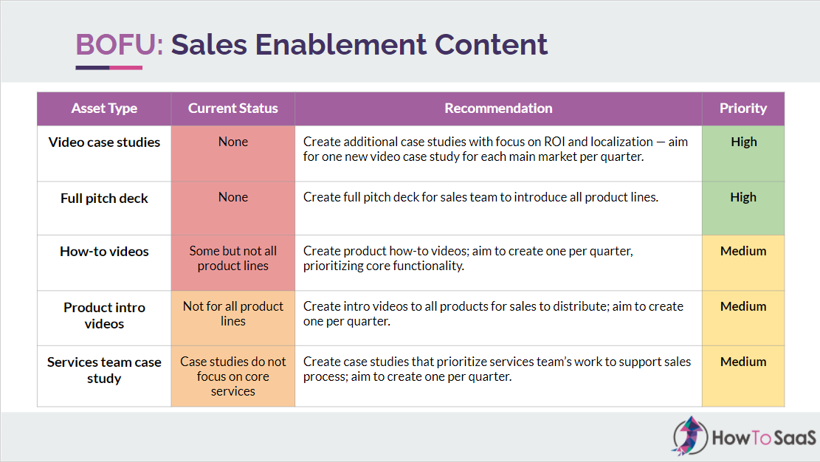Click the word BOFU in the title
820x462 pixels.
coord(116,44)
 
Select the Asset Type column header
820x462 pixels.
coord(104,108)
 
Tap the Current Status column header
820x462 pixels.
coord(232,108)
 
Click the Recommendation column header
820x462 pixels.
coord(498,108)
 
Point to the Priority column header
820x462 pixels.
coord(743,108)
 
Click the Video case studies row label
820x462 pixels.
coord(104,142)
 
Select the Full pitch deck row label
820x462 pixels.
coord(104,199)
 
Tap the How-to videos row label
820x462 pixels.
coord(104,251)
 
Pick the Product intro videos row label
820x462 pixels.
coord(104,315)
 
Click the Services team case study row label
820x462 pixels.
coord(104,370)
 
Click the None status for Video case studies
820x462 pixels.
coord(233,142)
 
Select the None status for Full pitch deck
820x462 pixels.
coord(233,197)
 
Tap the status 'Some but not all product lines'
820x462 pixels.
coord(233,258)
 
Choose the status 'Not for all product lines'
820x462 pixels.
coord(233,314)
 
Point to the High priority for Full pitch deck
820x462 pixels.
coord(743,197)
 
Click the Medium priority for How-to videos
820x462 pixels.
coord(743,251)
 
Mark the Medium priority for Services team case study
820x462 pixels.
coord(743,362)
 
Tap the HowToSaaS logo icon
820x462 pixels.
coord(690,436)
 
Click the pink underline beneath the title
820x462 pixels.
coord(126,67)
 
